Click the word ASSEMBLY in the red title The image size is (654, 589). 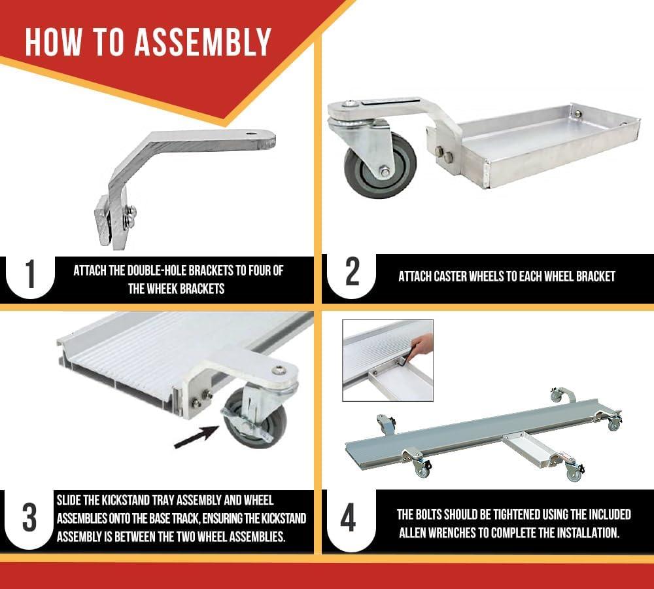[x=203, y=42]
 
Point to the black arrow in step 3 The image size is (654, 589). [x=196, y=437]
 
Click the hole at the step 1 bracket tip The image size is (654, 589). [x=250, y=134]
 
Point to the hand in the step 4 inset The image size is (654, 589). [x=422, y=345]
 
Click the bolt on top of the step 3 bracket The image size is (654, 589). [x=279, y=370]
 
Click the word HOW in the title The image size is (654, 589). [x=52, y=42]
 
